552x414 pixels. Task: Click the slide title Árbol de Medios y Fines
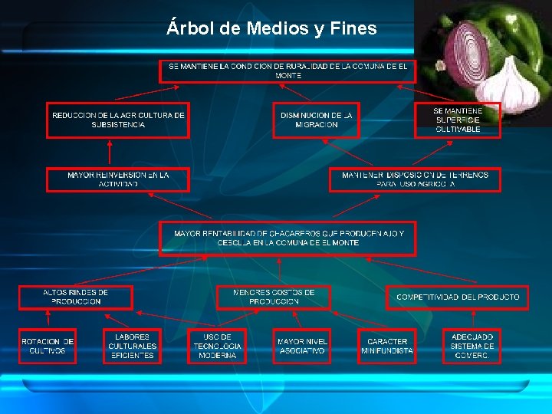click(271, 29)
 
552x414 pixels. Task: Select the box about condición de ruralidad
click(287, 71)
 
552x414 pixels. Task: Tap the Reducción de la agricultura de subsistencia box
click(118, 120)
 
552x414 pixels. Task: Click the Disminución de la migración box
click(316, 120)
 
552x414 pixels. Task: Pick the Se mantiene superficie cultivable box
click(458, 120)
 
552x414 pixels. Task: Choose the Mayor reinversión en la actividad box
click(118, 179)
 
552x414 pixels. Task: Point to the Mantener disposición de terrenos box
click(415, 179)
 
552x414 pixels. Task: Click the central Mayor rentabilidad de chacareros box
click(287, 238)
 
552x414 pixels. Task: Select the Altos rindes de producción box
click(75, 297)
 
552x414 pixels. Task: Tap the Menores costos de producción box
click(274, 297)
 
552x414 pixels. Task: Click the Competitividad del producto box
click(458, 297)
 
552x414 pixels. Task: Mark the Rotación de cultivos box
click(48, 346)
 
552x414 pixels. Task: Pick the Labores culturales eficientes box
click(133, 346)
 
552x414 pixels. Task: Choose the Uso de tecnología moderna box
click(217, 346)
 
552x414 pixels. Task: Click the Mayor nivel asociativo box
click(302, 346)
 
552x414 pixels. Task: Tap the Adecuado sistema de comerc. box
click(472, 346)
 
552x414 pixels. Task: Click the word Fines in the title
click(355, 29)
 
